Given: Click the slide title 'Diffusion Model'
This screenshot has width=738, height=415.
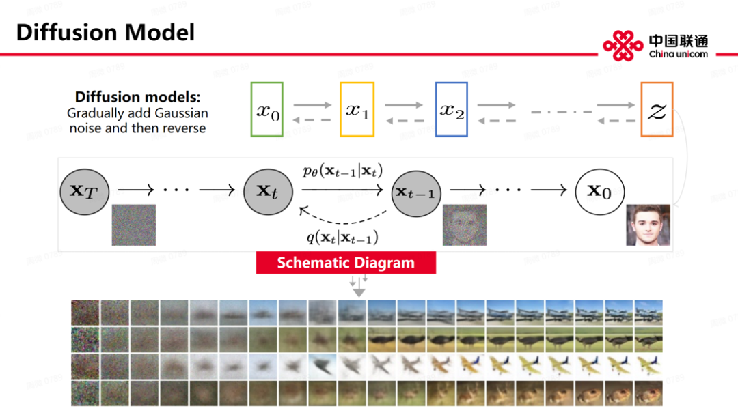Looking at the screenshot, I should click(x=105, y=32).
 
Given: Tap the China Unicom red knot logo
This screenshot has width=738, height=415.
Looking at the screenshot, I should click(x=623, y=45).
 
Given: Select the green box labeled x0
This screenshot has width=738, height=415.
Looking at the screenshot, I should click(x=267, y=109).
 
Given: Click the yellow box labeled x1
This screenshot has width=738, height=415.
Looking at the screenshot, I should click(x=357, y=109).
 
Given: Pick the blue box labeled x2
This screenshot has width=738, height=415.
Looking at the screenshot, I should click(x=451, y=109).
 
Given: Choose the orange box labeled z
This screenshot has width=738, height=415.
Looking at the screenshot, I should click(x=657, y=109).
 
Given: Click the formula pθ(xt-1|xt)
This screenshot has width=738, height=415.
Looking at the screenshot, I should click(x=342, y=171).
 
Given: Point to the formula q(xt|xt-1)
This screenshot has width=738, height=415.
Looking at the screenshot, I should click(x=342, y=238).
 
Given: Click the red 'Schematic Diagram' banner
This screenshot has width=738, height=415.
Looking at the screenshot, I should click(x=346, y=263).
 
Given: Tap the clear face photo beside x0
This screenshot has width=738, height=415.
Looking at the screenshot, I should click(x=648, y=225).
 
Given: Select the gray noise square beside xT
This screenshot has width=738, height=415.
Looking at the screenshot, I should click(x=134, y=225).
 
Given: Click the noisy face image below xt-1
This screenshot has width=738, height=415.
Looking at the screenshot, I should click(x=464, y=225).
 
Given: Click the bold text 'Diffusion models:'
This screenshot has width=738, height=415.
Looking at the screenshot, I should click(x=137, y=97).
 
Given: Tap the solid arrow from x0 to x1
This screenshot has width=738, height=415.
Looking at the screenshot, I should click(x=312, y=105).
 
